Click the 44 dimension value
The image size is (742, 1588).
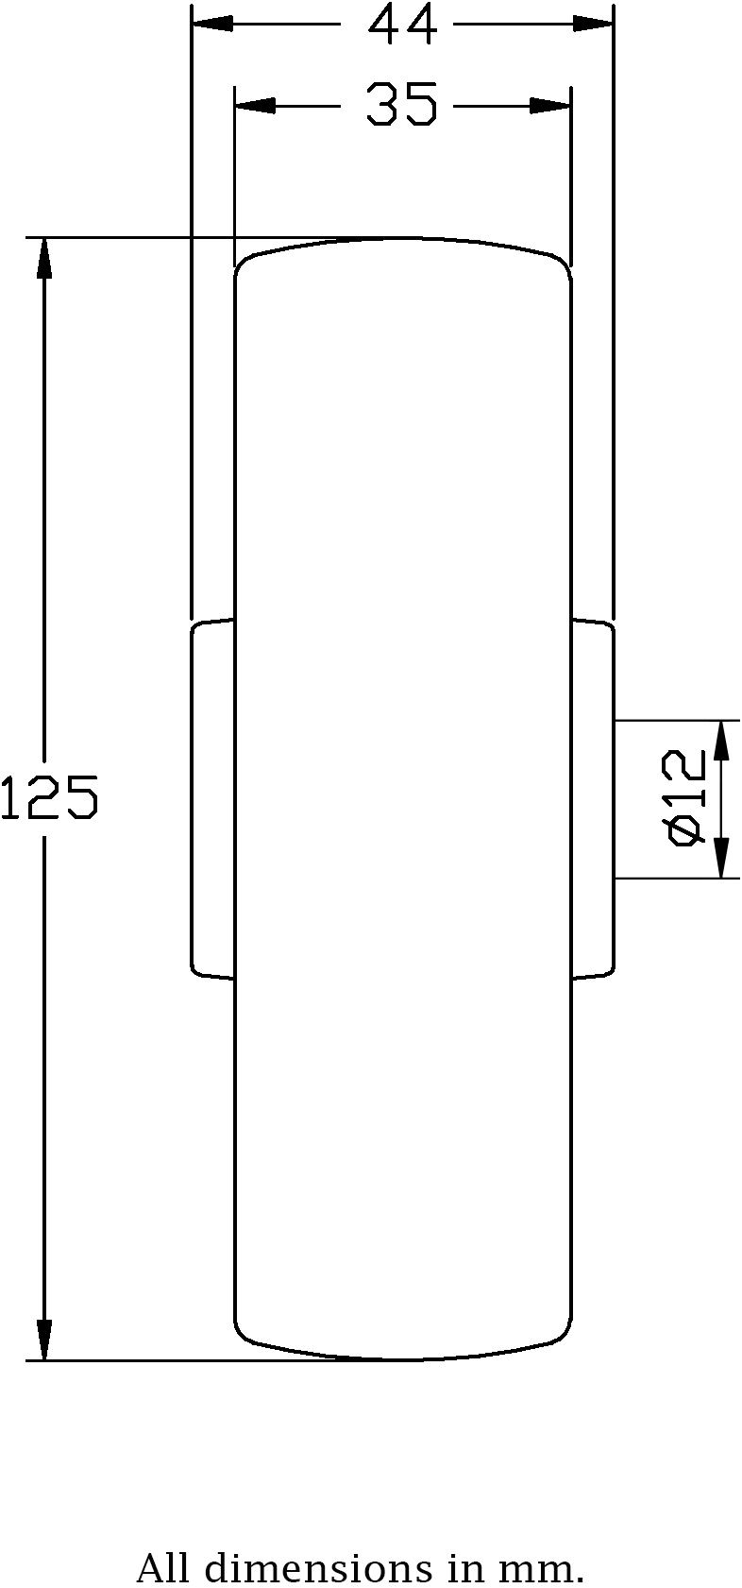(402, 25)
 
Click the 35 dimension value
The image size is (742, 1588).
(402, 105)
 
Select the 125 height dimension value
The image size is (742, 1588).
(49, 796)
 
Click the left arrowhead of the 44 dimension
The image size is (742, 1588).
(212, 24)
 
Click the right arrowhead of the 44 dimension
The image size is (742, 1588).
(594, 24)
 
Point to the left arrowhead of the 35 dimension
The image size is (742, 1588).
(256, 105)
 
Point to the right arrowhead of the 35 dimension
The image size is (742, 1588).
(550, 105)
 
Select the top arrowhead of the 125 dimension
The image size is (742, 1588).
(43, 259)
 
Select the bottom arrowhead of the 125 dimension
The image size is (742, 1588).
(43, 1340)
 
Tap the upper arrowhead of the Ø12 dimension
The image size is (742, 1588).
(722, 741)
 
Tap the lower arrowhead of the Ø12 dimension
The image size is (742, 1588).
(722, 858)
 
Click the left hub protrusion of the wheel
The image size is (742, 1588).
(213, 798)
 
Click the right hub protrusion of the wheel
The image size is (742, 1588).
(593, 798)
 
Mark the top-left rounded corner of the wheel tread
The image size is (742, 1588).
(245, 264)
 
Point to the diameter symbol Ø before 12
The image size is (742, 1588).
(684, 830)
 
